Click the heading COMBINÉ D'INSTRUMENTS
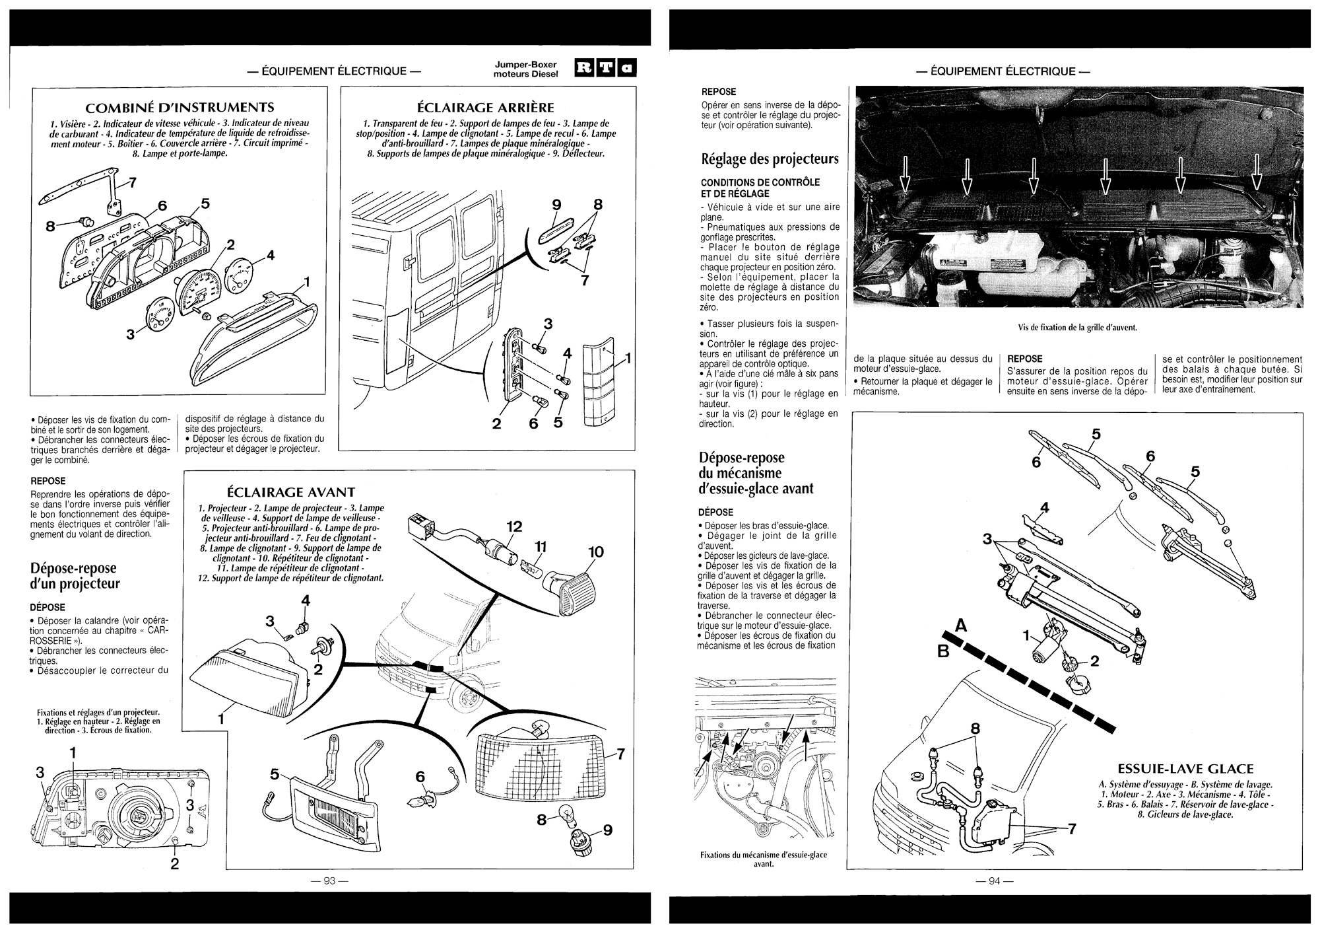coord(180,107)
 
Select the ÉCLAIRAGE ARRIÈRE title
coord(486,107)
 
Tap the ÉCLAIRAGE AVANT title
coord(291,492)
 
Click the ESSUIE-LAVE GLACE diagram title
coord(1185,769)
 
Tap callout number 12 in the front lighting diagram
coord(514,526)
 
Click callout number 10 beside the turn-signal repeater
coord(595,552)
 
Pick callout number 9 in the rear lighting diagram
coord(556,205)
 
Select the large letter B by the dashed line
coord(944,652)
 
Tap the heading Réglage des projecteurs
coord(770,159)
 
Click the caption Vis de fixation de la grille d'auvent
coord(1078,327)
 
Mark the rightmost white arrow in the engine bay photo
coord(1255,173)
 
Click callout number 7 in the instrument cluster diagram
coord(132,184)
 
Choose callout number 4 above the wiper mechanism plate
coord(1044,508)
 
